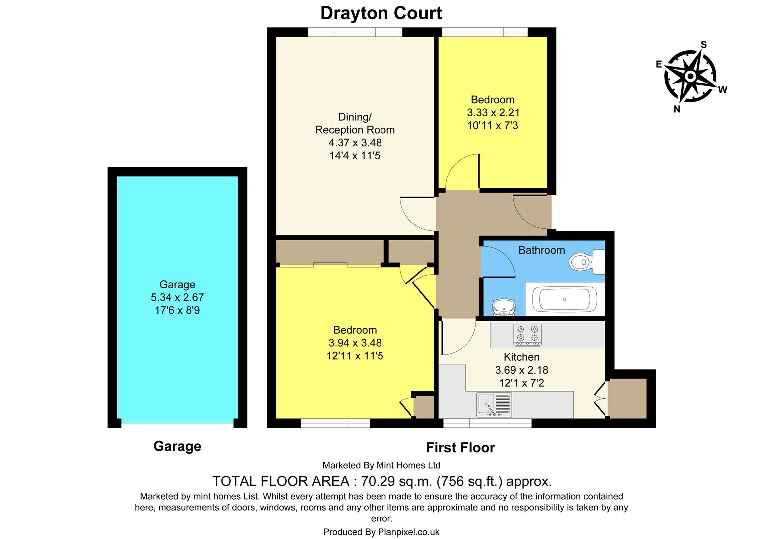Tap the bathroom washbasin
[503, 308]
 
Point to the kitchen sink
[494, 404]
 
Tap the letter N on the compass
[677, 110]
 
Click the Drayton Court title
[381, 13]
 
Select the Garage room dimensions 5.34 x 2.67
[177, 298]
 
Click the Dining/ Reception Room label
[355, 123]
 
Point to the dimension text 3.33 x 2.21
[493, 113]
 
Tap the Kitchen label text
[521, 357]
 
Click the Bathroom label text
[541, 250]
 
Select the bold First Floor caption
[460, 447]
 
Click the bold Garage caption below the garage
[177, 446]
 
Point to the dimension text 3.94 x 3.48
[355, 343]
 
